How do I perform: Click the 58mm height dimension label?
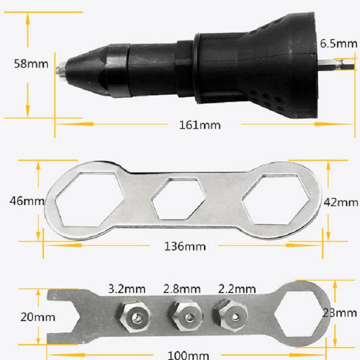point(31,64)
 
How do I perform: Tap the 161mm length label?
point(199,125)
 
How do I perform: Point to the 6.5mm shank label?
point(338,43)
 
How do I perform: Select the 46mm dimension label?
point(26,201)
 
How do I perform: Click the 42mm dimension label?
point(340,202)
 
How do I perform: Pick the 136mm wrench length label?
point(185,246)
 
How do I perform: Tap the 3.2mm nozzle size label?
point(126,289)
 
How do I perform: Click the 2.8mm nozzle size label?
point(182,289)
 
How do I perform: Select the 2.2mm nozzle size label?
point(236,289)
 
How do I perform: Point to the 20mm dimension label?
point(38,317)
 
